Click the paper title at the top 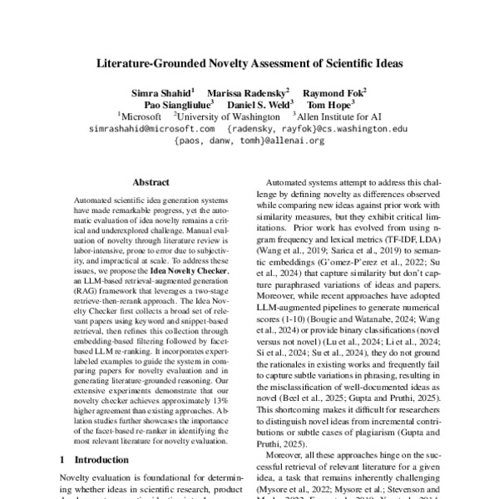pyautogui.click(x=249, y=63)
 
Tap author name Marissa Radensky pyautogui.click(x=254, y=92)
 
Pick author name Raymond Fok pyautogui.click(x=334, y=92)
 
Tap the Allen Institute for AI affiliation pyautogui.click(x=338, y=117)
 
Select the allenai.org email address pyautogui.click(x=249, y=141)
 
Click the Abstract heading pyautogui.click(x=151, y=182)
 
